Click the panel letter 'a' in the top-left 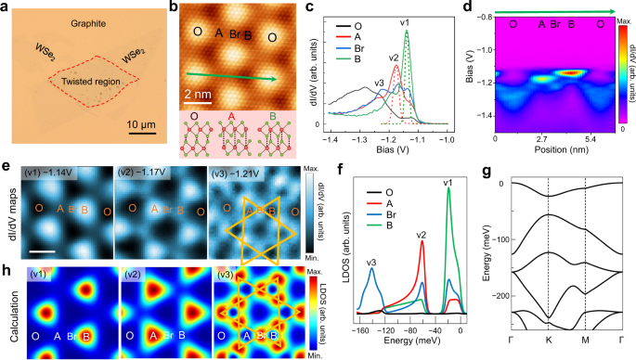(x=7, y=7)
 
